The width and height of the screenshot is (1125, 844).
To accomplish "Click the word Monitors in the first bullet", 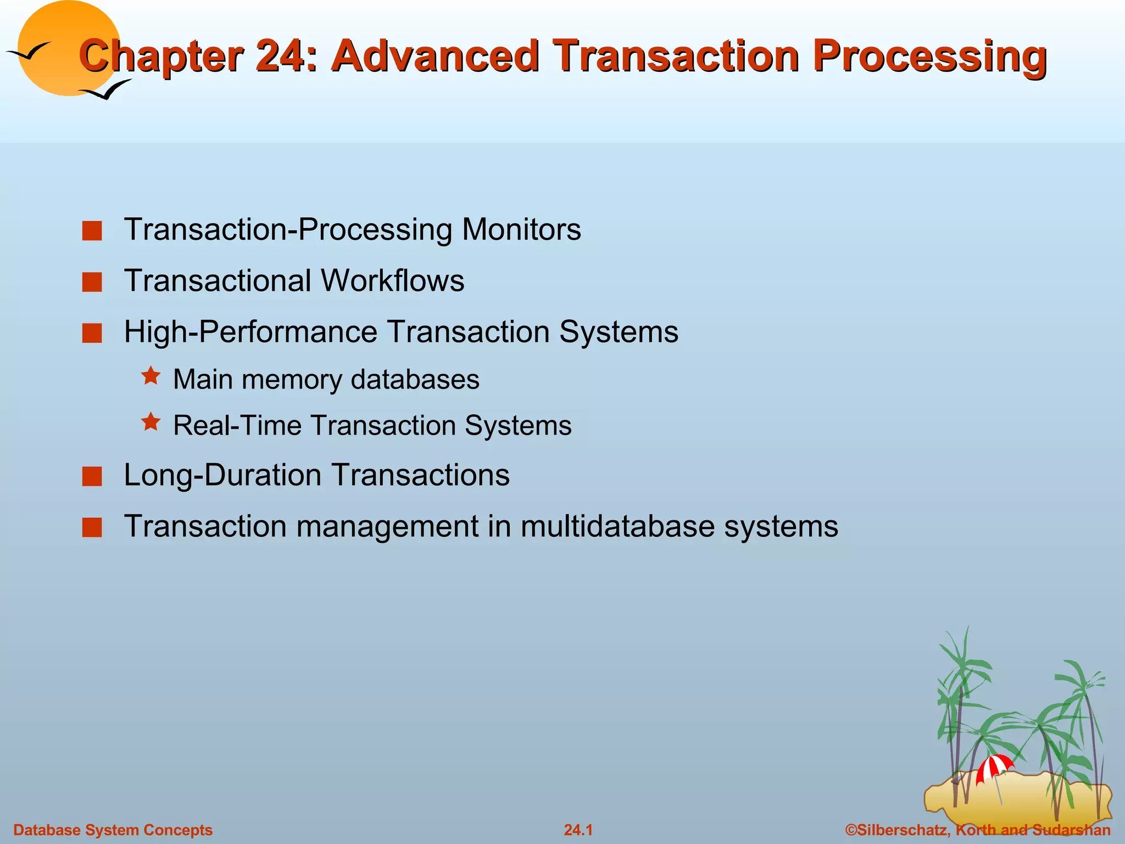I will tap(521, 229).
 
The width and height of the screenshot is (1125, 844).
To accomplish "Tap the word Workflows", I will tap(392, 280).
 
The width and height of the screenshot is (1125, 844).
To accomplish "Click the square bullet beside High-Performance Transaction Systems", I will tap(92, 333).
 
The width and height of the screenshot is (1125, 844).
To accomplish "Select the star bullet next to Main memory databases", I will tap(151, 376).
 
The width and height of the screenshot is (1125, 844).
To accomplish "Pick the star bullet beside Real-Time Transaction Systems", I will tap(151, 422).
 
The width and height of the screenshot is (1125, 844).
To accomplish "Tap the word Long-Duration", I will tap(222, 475).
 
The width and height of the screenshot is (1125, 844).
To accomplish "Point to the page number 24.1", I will tap(578, 830).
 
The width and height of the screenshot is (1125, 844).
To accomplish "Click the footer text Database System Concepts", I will tap(113, 830).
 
